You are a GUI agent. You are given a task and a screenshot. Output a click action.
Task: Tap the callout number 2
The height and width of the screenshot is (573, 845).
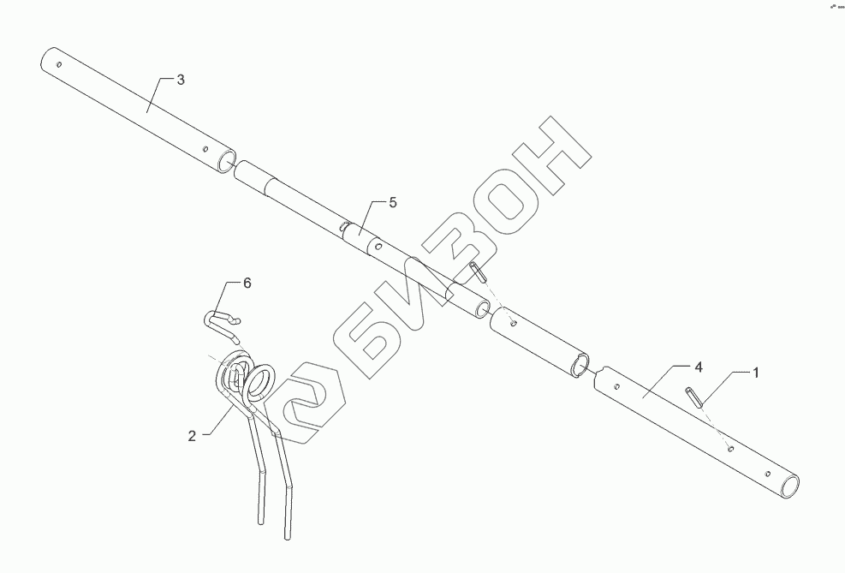[x=192, y=435]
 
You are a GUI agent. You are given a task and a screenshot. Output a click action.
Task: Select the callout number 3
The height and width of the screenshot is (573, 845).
[x=180, y=80]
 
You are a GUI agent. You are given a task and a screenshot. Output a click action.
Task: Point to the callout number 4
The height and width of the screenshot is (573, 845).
[x=699, y=367]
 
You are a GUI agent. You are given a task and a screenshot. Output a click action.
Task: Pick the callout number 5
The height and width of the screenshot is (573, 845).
[x=393, y=202]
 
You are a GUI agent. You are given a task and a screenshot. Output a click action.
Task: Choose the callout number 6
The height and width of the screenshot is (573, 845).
[x=247, y=283]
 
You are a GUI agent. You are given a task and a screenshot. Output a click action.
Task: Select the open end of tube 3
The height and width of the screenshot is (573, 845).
[x=225, y=162]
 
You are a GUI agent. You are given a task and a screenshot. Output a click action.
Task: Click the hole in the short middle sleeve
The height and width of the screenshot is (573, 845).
[x=512, y=324]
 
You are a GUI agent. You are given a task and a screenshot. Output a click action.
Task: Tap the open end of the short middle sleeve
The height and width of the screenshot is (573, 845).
[x=580, y=363]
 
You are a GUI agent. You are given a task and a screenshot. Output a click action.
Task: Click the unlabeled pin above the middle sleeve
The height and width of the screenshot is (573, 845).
[x=479, y=272]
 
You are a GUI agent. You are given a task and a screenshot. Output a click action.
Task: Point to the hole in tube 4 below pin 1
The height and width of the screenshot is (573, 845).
[x=729, y=447]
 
